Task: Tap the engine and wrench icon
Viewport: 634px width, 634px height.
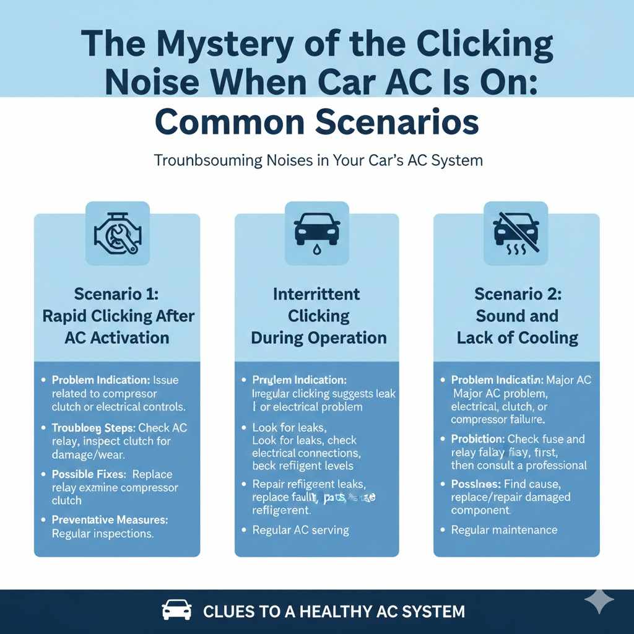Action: [x=118, y=233]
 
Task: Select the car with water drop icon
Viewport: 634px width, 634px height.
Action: [x=316, y=233]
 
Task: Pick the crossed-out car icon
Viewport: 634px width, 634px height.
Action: [x=516, y=233]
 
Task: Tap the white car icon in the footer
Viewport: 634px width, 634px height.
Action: [x=176, y=611]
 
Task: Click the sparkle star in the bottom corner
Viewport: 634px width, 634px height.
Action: [x=599, y=600]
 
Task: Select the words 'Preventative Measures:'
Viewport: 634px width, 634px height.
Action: [x=110, y=520]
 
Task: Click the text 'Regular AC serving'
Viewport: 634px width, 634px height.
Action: [x=300, y=530]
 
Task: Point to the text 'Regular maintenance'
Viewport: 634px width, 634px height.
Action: [x=504, y=530]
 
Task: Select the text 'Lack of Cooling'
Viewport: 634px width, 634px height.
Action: [x=517, y=338]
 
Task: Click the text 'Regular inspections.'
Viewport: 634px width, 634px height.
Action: [x=103, y=533]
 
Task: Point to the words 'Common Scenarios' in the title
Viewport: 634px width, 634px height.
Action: [x=316, y=122]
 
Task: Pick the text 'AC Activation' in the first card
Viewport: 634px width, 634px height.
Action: [x=117, y=338]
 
